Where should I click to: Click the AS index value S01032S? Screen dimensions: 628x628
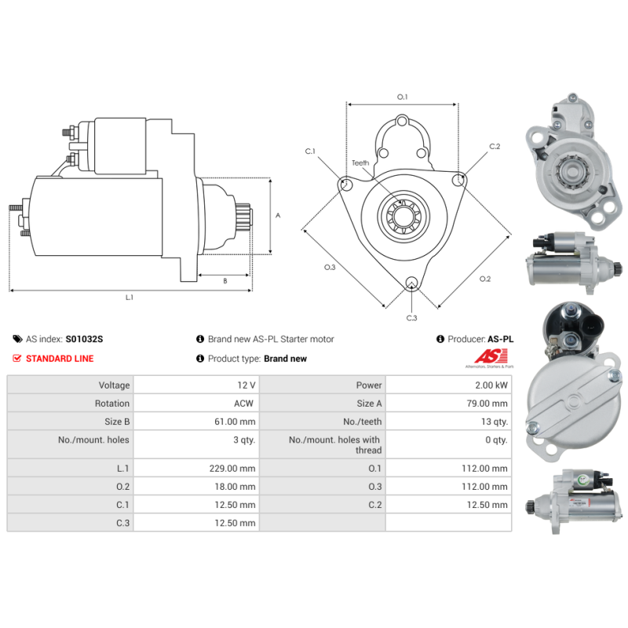[x=84, y=339]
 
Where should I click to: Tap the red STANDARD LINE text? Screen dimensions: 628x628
[x=60, y=359]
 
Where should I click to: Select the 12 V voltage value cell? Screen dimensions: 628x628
[x=246, y=385]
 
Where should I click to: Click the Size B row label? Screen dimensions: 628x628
[x=111, y=422]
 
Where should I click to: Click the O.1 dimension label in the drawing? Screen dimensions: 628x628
[x=402, y=97]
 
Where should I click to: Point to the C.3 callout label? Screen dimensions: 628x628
[x=411, y=318]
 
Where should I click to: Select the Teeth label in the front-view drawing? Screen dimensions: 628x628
[x=360, y=163]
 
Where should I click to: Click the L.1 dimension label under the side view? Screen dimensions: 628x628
[x=130, y=298]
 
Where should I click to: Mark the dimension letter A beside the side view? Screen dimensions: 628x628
[x=278, y=215]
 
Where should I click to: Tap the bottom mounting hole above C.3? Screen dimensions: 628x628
[x=411, y=283]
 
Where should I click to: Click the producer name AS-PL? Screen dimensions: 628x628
[x=500, y=339]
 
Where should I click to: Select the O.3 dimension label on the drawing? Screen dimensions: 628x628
[x=330, y=268]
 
